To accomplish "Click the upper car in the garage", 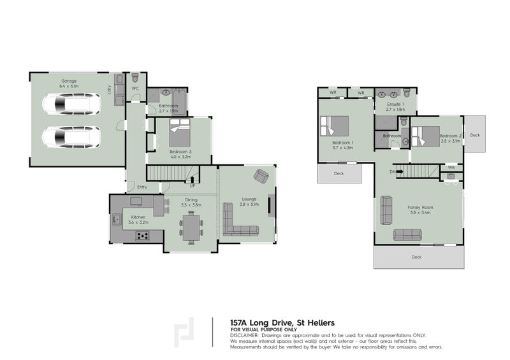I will pos(71,104).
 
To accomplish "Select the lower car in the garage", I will pos(71,136).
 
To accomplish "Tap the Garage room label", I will pos(69,81).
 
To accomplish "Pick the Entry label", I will pos(142,187).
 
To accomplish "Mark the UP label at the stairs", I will pos(192,185).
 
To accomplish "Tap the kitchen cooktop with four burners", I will pos(143,236).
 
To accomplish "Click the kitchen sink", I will pos(117,220).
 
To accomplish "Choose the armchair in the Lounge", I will pos(261,175).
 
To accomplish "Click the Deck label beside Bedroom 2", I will pos(474,135).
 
